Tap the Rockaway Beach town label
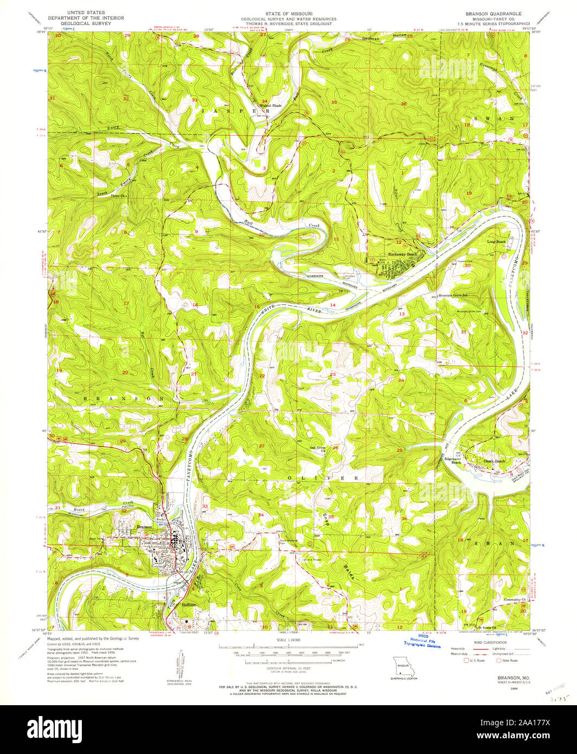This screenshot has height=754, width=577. point(402,254)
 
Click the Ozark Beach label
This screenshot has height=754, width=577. point(494,461)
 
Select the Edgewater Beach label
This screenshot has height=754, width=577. point(453,461)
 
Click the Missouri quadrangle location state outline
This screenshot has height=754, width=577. point(402,666)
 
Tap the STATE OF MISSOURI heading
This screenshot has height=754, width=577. point(288,12)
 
